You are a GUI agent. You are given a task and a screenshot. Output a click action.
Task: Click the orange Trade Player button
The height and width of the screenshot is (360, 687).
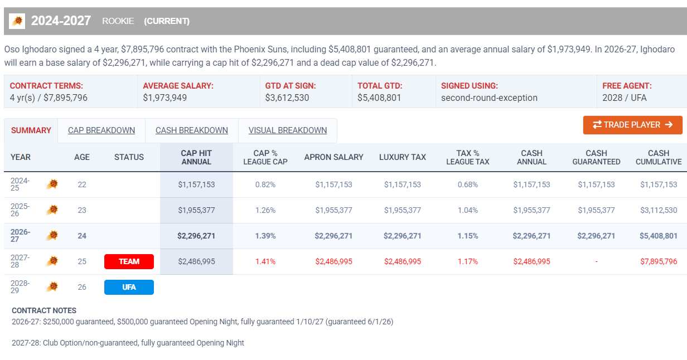tap(632, 125)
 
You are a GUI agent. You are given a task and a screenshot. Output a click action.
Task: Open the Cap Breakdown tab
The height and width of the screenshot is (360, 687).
tap(101, 130)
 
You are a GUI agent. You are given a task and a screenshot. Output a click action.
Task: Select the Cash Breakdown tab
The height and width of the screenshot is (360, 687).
tap(192, 130)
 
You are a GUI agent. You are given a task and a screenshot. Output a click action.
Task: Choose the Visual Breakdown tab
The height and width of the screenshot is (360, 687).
tap(288, 130)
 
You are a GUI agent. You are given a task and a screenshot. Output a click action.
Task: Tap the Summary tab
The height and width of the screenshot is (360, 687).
tap(31, 130)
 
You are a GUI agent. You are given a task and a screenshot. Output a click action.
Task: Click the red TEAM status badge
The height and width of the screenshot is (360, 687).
tap(129, 262)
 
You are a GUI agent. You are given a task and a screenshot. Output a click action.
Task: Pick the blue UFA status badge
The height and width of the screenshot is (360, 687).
tap(129, 288)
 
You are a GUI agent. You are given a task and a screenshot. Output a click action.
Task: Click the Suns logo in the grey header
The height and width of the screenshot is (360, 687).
tap(17, 21)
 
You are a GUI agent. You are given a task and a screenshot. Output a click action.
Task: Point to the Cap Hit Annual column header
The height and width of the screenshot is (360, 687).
tap(196, 158)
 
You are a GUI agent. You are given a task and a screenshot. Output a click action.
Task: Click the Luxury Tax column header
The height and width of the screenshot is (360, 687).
tap(403, 158)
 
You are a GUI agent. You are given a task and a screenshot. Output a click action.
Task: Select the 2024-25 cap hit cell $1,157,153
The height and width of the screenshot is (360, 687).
tap(196, 185)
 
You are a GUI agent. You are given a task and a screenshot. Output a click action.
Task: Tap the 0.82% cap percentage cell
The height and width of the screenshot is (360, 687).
tap(265, 185)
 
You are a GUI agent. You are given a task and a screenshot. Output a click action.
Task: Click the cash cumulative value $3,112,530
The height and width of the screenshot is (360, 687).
tap(659, 211)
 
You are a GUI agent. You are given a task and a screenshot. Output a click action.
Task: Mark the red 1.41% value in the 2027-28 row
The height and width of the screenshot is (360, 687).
tap(265, 262)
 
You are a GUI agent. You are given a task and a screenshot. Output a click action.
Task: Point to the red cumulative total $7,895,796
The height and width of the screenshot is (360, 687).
tap(659, 262)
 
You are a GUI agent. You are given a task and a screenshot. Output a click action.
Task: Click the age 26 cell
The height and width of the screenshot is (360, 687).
tap(82, 288)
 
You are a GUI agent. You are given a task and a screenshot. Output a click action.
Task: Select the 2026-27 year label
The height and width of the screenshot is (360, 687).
tap(20, 236)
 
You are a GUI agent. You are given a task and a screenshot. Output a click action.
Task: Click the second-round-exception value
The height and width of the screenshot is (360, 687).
tap(489, 98)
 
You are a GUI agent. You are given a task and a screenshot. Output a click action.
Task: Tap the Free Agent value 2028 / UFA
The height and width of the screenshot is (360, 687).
tap(625, 98)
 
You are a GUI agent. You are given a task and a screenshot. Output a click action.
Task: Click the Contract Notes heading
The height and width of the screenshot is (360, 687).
tap(44, 310)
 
